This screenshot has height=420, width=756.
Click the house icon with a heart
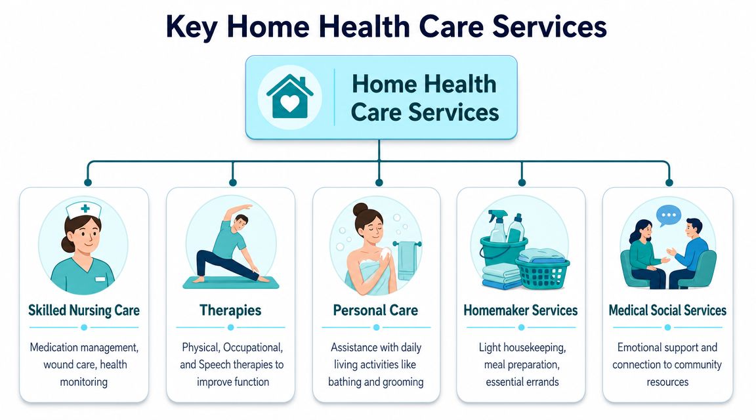point(290,97)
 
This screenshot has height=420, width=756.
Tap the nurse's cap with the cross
point(84,210)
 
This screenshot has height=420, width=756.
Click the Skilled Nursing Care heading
point(84,310)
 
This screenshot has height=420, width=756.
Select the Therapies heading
point(230,310)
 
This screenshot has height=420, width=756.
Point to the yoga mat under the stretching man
point(231,283)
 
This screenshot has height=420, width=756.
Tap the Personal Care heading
point(375,310)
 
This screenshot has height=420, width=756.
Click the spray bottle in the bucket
point(497,226)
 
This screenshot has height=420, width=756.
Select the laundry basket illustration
point(543,273)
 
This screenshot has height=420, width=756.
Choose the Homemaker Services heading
point(520,310)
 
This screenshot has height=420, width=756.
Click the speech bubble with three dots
point(668,215)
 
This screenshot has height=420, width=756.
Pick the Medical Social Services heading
point(667,310)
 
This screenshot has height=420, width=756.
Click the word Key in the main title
point(192,27)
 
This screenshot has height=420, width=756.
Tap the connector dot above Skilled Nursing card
point(88,182)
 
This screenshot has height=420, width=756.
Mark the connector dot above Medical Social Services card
point(669,182)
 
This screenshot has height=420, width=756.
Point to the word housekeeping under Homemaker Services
point(537,348)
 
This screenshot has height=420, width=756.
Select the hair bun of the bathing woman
point(360,210)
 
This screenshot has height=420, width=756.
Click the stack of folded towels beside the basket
point(502,278)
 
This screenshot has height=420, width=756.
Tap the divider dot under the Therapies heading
point(230,327)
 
